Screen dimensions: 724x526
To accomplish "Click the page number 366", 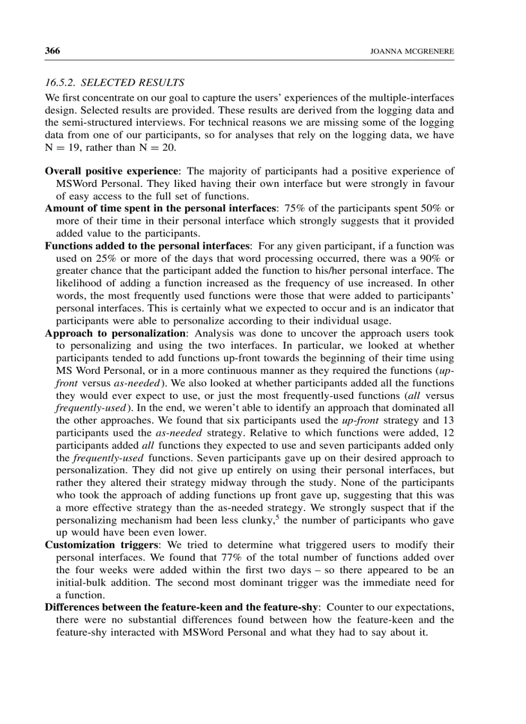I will [53, 50].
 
